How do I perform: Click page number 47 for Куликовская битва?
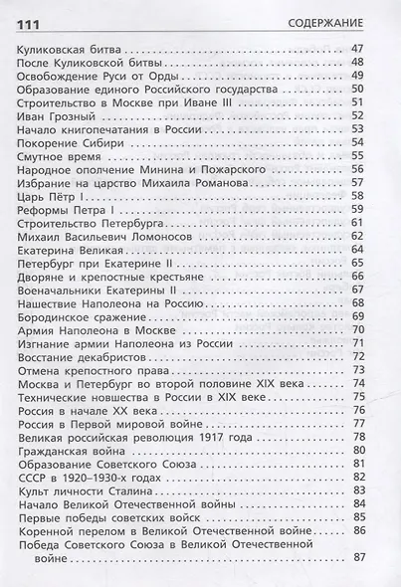point(361,48)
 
